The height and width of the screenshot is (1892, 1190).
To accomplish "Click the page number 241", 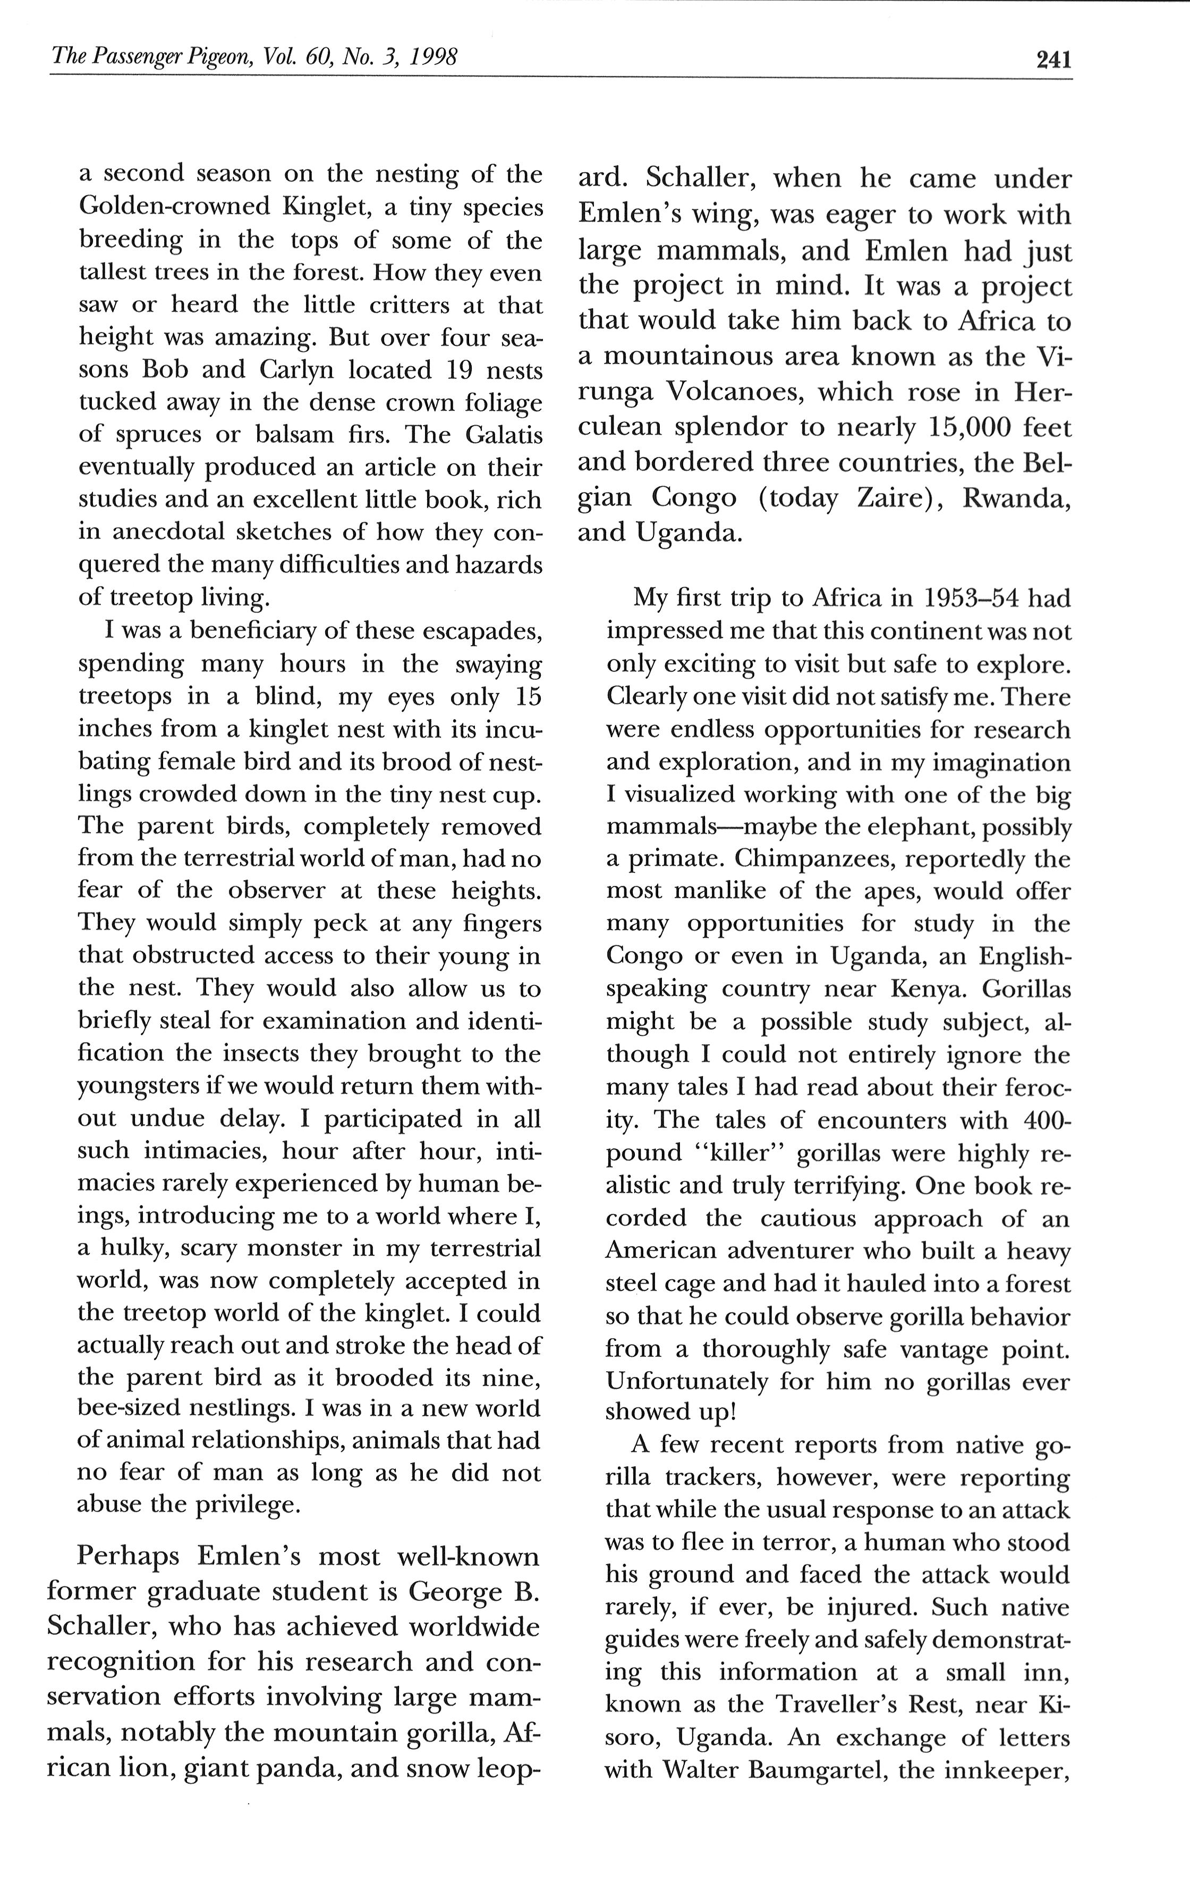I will tap(1053, 60).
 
